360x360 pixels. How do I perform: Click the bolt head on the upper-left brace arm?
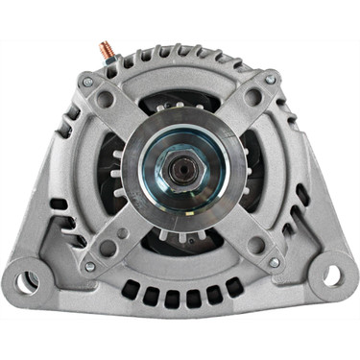[x=88, y=83]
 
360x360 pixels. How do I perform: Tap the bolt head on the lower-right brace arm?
[x=275, y=262]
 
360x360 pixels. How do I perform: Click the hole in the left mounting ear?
[x=30, y=280]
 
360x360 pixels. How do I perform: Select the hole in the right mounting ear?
[x=331, y=276]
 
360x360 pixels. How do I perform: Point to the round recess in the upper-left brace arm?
[x=105, y=98]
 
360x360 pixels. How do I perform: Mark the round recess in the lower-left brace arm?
[x=107, y=248]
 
